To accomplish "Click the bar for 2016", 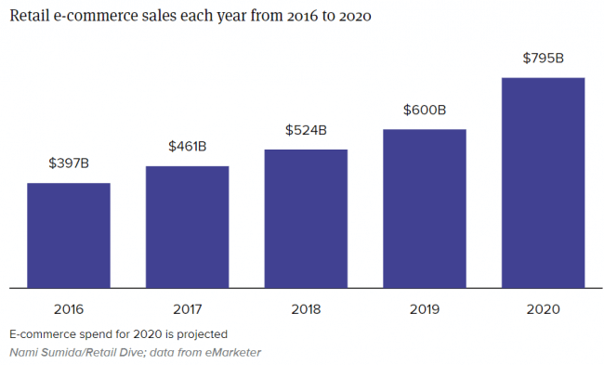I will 68,235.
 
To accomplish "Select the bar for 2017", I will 187,227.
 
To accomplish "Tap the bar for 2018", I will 306,218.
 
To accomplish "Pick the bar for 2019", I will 425,208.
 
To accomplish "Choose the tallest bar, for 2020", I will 544,182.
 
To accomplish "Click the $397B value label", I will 69,163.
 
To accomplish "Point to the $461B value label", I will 187,147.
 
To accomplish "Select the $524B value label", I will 306,130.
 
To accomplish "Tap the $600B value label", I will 425,110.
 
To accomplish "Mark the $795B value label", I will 544,58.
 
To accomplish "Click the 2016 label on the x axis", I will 68,308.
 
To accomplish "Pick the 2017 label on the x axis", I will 187,308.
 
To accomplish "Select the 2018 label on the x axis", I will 306,308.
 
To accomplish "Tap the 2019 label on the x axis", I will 425,308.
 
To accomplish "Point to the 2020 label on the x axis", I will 544,308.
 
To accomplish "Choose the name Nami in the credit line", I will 24,352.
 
